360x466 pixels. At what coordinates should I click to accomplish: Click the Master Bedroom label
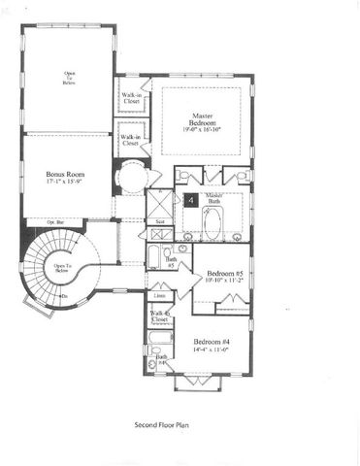tap(200, 120)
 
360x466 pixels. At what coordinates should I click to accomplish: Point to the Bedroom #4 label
tap(212, 343)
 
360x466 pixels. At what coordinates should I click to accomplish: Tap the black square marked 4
tap(190, 199)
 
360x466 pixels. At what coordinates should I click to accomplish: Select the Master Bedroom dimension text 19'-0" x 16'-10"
tap(201, 129)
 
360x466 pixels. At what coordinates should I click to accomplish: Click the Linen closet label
tap(160, 296)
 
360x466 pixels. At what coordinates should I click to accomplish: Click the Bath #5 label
tap(171, 262)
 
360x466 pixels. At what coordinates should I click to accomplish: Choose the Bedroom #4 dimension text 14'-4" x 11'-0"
tap(212, 351)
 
